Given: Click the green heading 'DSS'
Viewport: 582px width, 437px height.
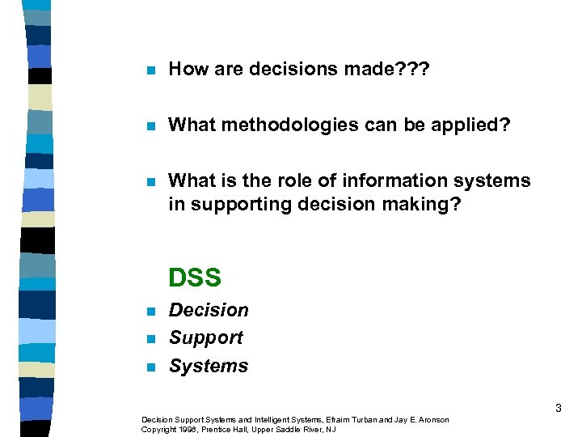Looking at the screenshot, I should pyautogui.click(x=195, y=278).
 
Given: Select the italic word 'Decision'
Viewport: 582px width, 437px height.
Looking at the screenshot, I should pyautogui.click(x=209, y=311).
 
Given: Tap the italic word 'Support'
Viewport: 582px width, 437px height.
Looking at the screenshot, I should pyautogui.click(x=205, y=338).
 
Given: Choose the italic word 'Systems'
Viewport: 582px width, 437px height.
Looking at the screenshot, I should pyautogui.click(x=209, y=367).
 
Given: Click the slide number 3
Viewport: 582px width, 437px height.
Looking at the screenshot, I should pyautogui.click(x=559, y=409).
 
